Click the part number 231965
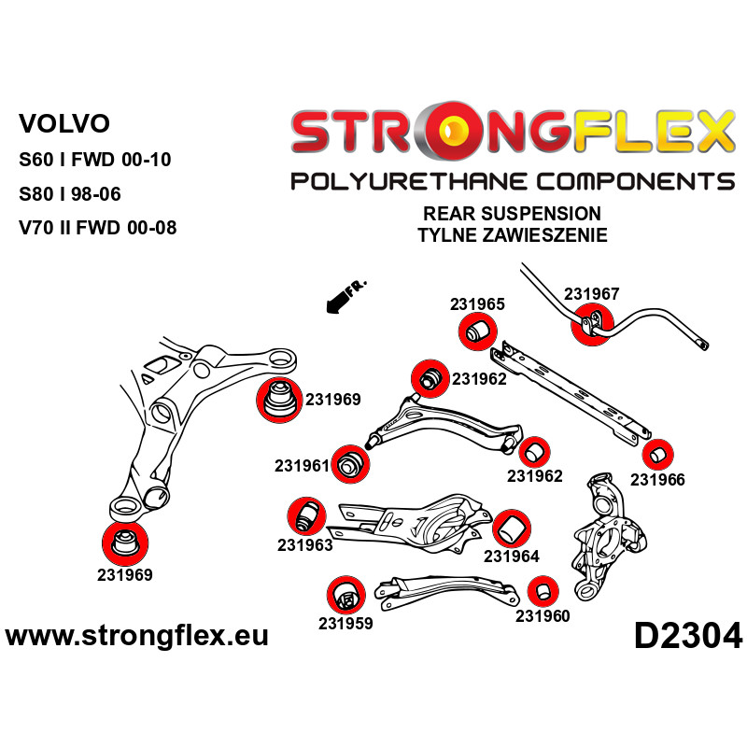click(477, 303)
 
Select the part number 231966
click(657, 480)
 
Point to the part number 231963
click(304, 545)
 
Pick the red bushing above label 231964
click(510, 527)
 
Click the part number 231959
click(345, 623)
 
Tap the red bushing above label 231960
click(542, 591)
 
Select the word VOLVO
click(64, 123)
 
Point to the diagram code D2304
click(687, 637)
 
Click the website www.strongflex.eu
click(137, 637)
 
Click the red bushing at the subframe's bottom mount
click(123, 544)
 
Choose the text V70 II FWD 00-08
click(98, 227)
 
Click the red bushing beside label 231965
click(478, 331)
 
